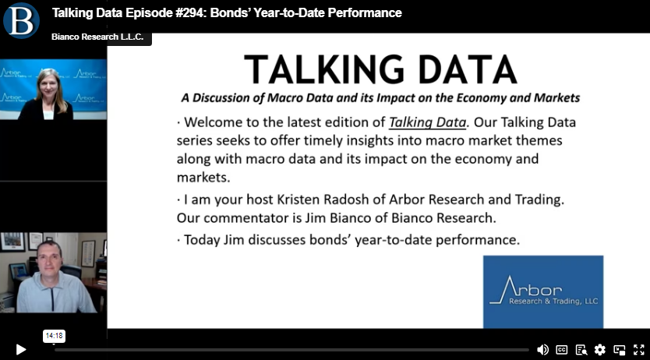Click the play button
point(21,350)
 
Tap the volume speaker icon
point(542,350)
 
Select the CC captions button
point(562,350)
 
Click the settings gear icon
point(600,350)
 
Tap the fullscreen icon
point(639,350)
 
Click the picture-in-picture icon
point(620,350)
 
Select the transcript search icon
point(581,350)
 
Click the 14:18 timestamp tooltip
point(54,336)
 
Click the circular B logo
point(21,20)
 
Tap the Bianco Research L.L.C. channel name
point(97,37)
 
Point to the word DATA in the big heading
point(468,69)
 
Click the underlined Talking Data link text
point(427,122)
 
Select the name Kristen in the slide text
point(298,199)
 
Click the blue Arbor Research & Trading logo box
point(543,291)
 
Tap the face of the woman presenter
point(49,84)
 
